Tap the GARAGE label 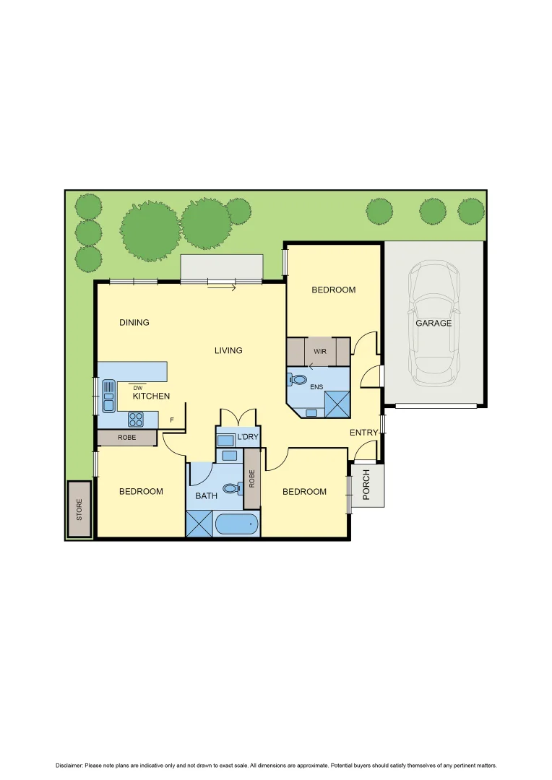point(434,324)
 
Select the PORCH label point(366,485)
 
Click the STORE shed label point(79,509)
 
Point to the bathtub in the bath point(236,524)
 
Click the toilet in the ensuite point(298,379)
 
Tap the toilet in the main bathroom point(231,489)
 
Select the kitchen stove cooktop point(137,418)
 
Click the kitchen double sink point(108,396)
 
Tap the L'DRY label point(248,437)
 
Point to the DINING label point(134,323)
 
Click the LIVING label point(228,351)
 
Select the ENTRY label point(363,433)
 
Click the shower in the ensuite point(337,404)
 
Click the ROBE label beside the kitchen point(127,438)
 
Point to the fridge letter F point(171,420)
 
